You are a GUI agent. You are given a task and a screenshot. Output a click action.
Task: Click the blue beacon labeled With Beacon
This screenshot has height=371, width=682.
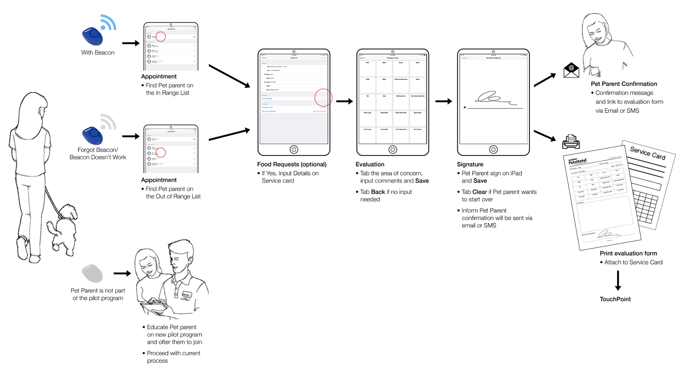(93, 36)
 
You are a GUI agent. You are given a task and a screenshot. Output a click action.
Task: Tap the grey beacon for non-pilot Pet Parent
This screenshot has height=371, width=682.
(92, 273)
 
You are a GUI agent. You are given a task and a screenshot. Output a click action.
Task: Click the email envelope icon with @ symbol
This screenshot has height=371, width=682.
(571, 70)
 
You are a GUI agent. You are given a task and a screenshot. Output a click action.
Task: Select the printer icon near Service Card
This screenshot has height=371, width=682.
(571, 141)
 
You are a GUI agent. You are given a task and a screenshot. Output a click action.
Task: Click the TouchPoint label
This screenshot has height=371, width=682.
(615, 299)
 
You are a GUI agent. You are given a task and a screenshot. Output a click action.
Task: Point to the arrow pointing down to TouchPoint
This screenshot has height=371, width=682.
(618, 280)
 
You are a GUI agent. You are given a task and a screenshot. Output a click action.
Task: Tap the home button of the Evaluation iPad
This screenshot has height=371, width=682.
(393, 150)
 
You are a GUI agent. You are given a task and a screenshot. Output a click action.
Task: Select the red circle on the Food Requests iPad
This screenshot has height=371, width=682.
(323, 98)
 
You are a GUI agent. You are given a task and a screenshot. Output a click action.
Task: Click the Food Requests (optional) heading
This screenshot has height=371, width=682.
(292, 164)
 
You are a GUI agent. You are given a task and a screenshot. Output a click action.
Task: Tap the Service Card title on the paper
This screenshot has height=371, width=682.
(647, 152)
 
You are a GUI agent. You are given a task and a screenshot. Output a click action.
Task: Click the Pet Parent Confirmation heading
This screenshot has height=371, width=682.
(624, 84)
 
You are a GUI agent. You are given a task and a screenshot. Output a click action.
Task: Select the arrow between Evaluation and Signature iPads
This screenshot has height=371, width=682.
(443, 101)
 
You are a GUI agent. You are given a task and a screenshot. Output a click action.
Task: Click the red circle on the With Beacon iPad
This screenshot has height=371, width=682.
(160, 36)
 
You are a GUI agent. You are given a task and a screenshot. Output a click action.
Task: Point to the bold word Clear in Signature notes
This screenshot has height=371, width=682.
(480, 192)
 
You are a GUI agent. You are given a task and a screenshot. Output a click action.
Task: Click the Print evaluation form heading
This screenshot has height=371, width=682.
(628, 253)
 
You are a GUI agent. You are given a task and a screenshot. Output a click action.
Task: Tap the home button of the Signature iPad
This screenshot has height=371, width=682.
(493, 150)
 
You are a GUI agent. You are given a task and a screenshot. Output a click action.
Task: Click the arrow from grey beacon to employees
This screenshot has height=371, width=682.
(122, 273)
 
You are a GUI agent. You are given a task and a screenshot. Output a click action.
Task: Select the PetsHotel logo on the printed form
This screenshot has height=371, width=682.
(578, 161)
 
